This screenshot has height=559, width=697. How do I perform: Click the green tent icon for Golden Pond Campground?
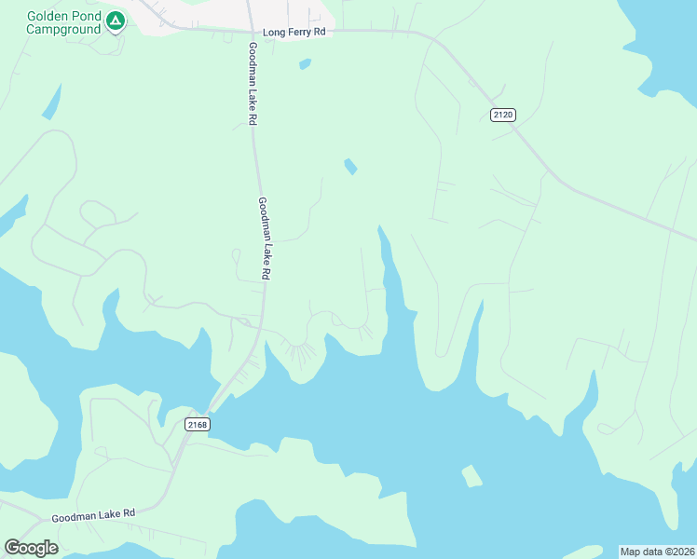coord(115,20)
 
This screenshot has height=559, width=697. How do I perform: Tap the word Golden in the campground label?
coord(49,17)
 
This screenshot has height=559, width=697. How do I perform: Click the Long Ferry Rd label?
coord(294,32)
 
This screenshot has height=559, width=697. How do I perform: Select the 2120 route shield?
coord(503,115)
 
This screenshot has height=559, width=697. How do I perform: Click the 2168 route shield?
coord(197,425)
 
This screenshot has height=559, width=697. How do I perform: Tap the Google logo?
coord(31,548)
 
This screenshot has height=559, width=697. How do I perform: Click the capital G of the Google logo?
coord(12,548)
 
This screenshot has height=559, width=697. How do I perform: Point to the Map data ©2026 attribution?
coord(657,552)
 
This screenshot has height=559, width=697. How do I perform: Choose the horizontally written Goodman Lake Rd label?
coord(93,514)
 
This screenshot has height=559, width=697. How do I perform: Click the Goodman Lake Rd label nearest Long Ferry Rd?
coord(253,84)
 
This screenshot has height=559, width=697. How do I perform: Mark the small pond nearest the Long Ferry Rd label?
coord(304,64)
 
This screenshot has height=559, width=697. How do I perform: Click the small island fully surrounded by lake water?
coord(472,476)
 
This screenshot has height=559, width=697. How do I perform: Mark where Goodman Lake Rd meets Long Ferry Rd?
coord(250,30)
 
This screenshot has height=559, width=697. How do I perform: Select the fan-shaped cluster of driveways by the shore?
coord(300,353)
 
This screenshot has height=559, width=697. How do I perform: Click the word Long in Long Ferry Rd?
coord(274,32)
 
